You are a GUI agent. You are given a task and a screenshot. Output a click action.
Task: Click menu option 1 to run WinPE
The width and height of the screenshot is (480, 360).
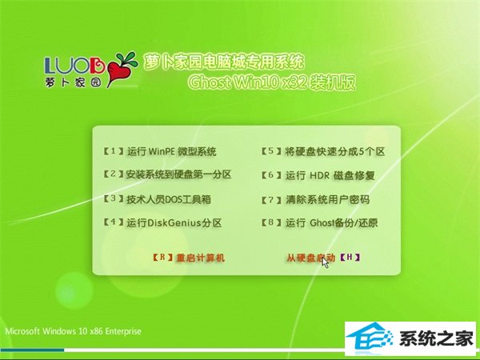coord(160,151)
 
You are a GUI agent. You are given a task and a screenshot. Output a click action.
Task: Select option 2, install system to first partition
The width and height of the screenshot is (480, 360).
coord(167,174)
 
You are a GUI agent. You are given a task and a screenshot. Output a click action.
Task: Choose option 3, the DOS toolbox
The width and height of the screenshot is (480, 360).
coord(158,199)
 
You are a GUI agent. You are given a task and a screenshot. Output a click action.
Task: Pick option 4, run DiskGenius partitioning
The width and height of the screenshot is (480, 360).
coord(162,222)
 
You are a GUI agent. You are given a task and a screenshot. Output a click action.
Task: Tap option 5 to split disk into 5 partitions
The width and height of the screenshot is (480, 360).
coord(323,151)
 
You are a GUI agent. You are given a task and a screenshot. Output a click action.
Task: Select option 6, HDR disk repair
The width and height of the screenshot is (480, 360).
coord(318,175)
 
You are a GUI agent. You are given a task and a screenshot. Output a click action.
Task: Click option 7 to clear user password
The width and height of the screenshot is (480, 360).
coord(316,199)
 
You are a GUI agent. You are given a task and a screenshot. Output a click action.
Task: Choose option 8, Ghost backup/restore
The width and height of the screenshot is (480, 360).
coord(320,222)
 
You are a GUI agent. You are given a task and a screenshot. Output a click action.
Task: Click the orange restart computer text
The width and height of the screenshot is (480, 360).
coord(201,258)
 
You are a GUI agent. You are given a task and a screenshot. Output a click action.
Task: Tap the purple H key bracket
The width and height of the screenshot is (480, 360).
coord(350,257)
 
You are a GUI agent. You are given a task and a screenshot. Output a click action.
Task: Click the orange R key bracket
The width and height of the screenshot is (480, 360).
coord(163,257)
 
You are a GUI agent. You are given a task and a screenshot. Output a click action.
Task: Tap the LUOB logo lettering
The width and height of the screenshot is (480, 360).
coord(74,66)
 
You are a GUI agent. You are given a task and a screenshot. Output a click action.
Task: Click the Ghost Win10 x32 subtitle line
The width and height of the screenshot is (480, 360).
coord(272,82)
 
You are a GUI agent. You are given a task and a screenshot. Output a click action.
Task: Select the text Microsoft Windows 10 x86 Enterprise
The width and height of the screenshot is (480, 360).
coord(73,331)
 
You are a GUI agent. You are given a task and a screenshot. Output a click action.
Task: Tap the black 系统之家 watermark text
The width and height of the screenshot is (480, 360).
coord(436,339)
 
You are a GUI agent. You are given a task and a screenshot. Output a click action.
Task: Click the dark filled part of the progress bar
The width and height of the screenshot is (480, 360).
coord(32,350)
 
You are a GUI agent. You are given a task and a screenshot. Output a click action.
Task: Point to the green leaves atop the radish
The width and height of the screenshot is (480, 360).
coord(127,59)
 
